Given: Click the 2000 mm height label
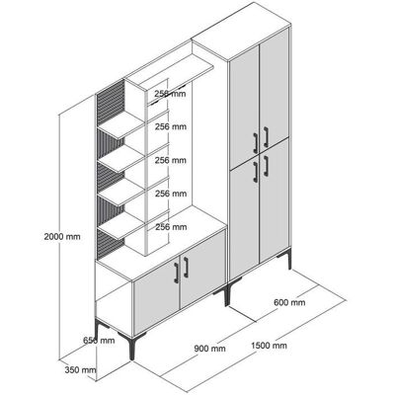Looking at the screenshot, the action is [62, 236].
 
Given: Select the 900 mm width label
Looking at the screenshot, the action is [209, 348].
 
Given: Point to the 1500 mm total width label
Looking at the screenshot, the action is [269, 346].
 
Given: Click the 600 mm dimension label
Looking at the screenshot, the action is [289, 302].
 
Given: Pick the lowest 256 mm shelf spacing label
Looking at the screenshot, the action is [171, 227].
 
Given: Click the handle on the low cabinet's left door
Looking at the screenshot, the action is [177, 273].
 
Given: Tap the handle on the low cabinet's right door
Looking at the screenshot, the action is [186, 268].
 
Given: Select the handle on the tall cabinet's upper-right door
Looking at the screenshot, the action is [266, 137].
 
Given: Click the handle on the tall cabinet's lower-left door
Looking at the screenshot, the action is [256, 172].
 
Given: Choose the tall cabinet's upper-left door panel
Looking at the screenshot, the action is [244, 106].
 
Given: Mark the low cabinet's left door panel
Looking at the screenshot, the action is [156, 296].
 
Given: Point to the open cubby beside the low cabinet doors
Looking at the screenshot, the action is [114, 308].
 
